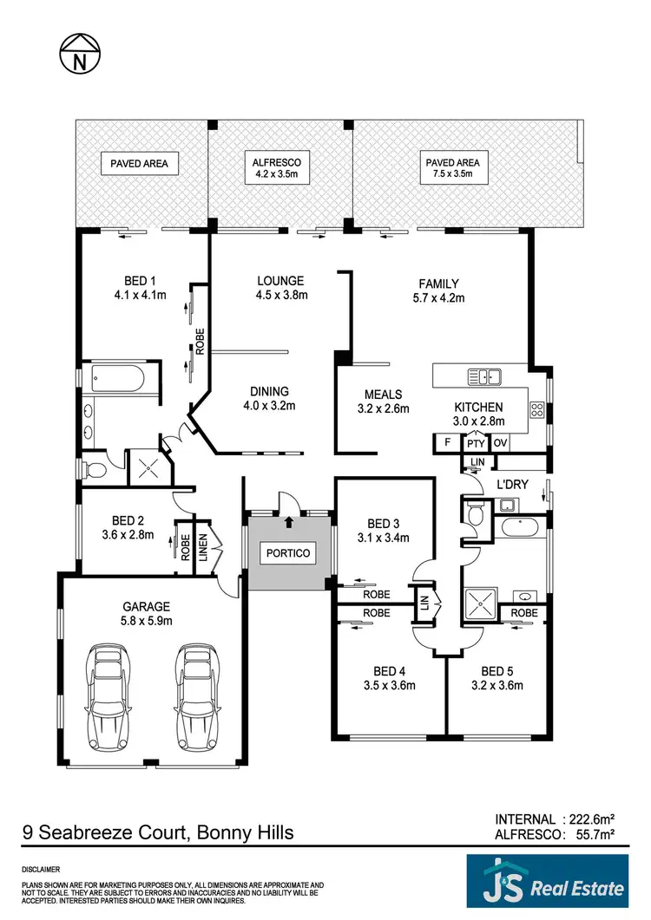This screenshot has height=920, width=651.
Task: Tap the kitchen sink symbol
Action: click(483, 376)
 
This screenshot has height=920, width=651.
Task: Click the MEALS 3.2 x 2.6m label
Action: click(383, 401)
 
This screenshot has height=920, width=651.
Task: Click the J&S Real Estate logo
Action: click(546, 886)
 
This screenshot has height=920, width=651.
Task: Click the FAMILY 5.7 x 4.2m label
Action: click(438, 290)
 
